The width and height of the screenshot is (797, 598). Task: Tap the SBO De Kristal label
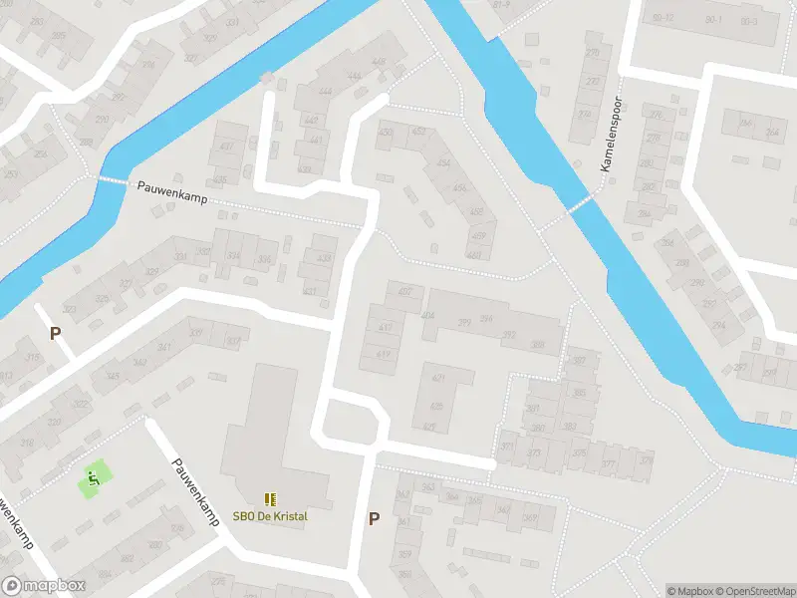coord(270,515)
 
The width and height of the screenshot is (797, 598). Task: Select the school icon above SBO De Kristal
coord(270,498)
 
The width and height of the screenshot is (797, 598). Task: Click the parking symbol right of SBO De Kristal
coord(375,518)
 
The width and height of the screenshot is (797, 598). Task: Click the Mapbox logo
coord(44,586)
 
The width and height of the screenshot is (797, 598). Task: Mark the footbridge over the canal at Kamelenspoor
coord(580,204)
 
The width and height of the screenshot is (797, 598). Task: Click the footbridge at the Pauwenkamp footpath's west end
coord(113,180)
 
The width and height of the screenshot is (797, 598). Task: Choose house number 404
coord(427,316)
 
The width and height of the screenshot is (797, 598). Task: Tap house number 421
coord(438,379)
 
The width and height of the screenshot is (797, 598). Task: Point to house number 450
coord(386,133)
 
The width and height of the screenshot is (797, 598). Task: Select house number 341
coord(164,347)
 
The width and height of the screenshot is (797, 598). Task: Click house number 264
coord(771,133)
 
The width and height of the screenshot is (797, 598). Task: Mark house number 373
coord(534,452)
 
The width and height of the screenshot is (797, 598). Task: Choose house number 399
coord(464,321)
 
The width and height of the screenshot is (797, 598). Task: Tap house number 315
coord(32,359)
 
